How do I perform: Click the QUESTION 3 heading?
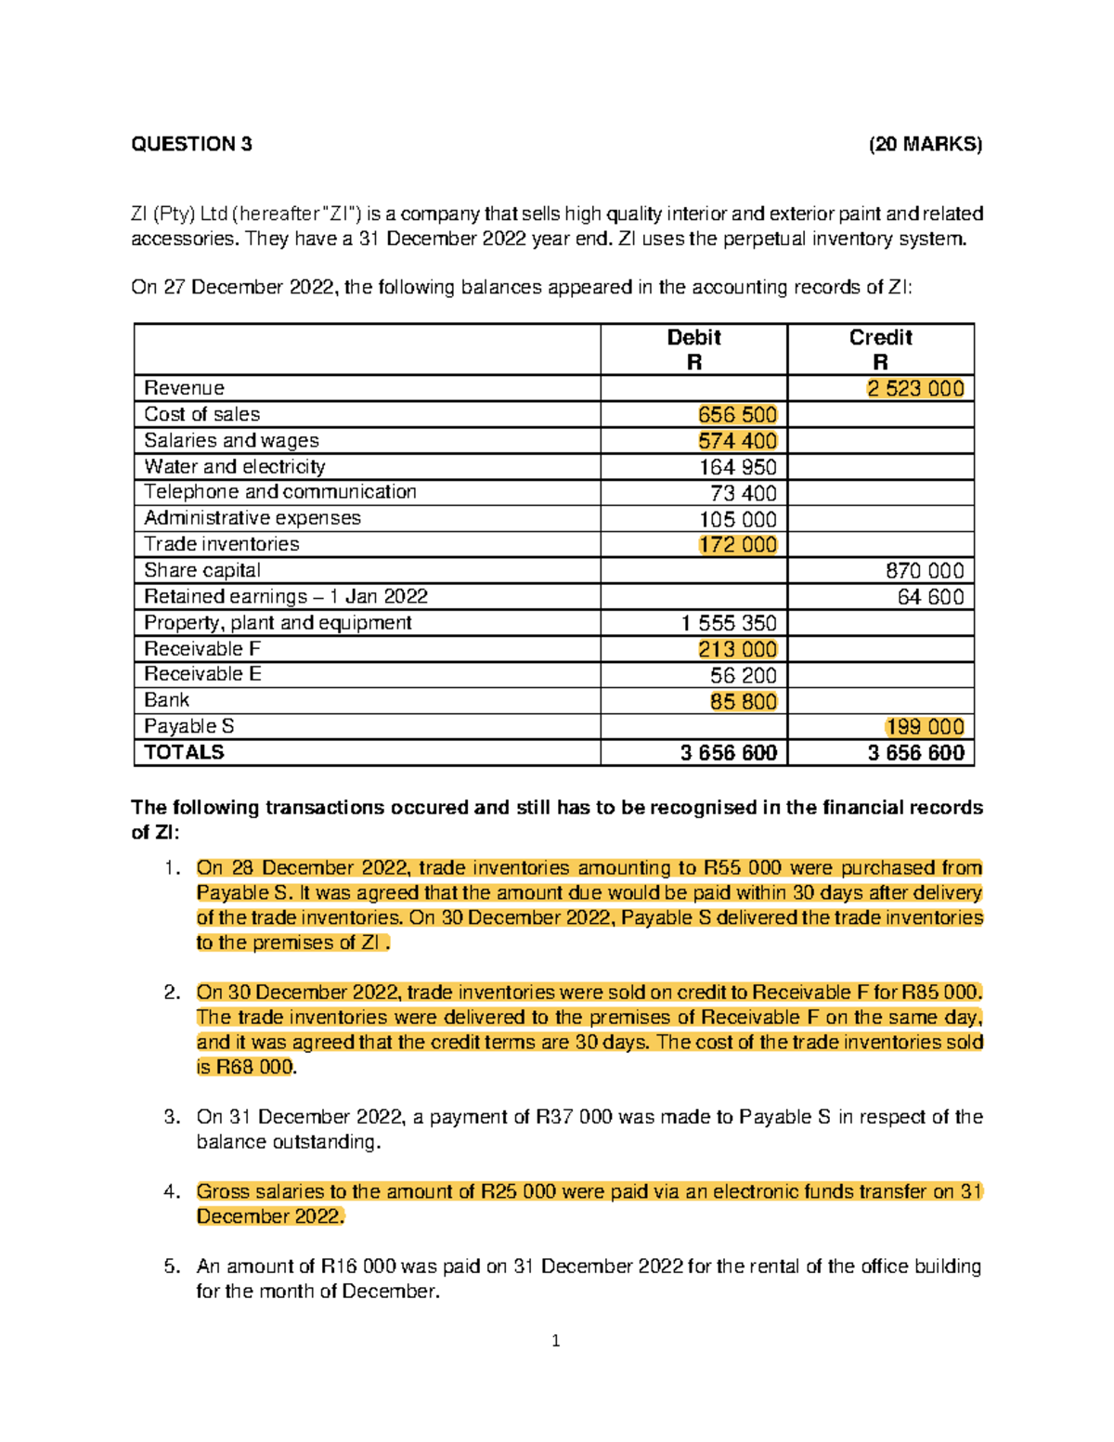tap(191, 144)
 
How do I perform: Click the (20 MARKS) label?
tap(925, 144)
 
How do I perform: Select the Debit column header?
tap(693, 338)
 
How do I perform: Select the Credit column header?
tap(880, 338)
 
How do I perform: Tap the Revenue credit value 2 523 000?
tap(915, 389)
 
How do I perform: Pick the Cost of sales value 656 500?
tap(737, 415)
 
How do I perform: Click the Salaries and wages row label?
tap(231, 441)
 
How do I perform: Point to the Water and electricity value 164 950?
tap(737, 467)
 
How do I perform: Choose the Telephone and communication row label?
tap(279, 492)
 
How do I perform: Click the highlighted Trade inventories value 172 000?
tap(737, 545)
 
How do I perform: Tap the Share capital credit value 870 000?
tap(925, 571)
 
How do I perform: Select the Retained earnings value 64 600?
tap(930, 597)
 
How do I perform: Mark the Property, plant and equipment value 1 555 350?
tap(728, 623)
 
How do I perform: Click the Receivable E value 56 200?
tap(743, 676)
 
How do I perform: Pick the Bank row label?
tap(166, 700)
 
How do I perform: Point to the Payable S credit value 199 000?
tap(925, 727)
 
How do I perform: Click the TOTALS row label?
tap(184, 752)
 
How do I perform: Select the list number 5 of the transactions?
tap(171, 1267)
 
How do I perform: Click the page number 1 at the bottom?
tap(555, 1341)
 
